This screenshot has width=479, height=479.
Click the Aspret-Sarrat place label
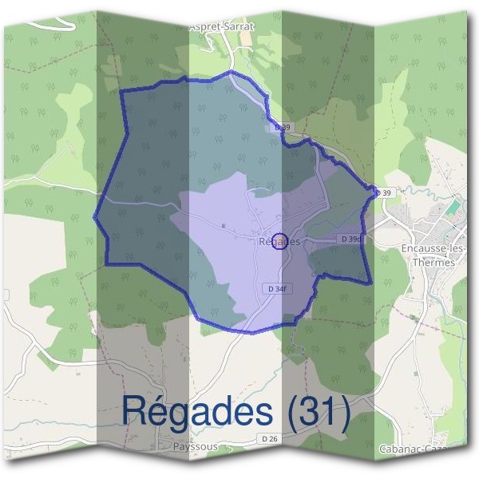pyautogui.click(x=221, y=26)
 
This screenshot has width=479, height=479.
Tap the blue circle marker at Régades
pyautogui.click(x=279, y=240)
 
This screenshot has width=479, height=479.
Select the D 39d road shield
pyautogui.click(x=351, y=239)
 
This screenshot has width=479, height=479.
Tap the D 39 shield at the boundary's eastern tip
pyautogui.click(x=385, y=193)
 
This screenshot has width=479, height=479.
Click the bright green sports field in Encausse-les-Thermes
pyautogui.click(x=453, y=207)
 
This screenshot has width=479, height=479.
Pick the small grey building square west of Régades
pyautogui.click(x=224, y=226)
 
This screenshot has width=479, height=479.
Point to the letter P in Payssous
pyautogui.click(x=176, y=447)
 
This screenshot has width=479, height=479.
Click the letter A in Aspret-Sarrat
pyautogui.click(x=192, y=26)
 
